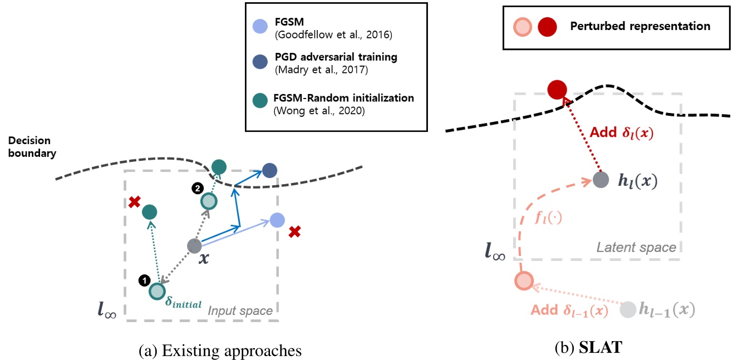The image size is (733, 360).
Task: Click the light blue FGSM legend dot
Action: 259,26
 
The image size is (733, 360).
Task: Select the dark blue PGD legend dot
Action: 259,62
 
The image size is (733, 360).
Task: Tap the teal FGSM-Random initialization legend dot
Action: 259,101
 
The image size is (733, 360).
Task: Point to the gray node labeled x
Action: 194,245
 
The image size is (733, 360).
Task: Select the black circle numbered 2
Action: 196,188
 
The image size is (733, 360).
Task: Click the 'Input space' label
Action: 240,310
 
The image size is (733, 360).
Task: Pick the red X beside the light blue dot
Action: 295,231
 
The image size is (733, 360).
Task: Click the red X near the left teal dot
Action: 134,202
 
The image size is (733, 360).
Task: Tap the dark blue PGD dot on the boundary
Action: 269,170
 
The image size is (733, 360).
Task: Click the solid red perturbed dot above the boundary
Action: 557,89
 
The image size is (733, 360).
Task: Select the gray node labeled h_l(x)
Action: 600,180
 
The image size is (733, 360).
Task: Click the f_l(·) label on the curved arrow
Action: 549,216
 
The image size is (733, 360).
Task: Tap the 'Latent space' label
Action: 636,247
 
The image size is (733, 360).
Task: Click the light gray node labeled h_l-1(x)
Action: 628,310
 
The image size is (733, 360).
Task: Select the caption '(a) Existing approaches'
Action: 220,351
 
